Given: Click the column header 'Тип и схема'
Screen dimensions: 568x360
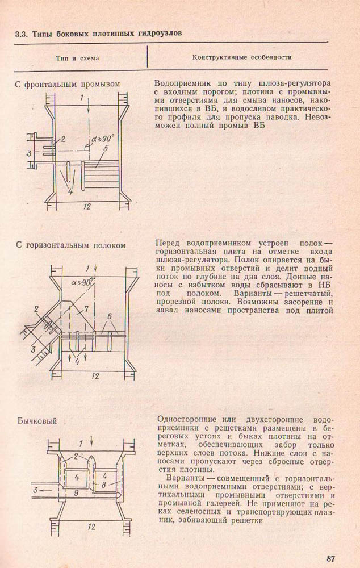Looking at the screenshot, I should (x=77, y=58).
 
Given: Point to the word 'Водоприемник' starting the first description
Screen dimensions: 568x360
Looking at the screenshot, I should (x=181, y=82).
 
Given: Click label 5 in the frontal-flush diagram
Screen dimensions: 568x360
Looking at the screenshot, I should (x=106, y=149).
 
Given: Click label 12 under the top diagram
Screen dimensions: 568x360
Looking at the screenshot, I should (x=86, y=206).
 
